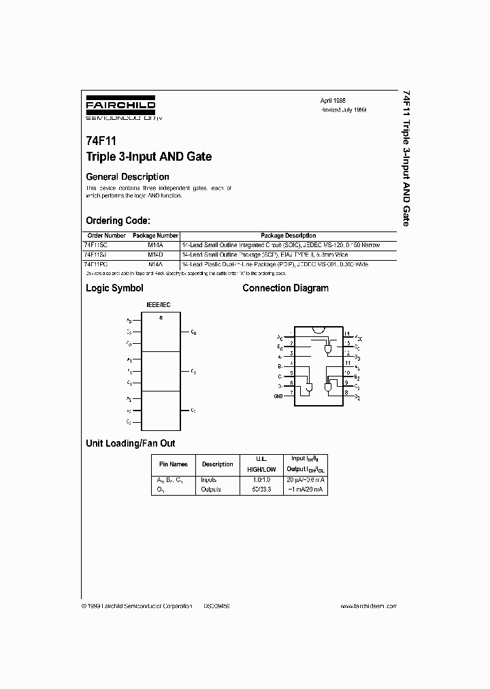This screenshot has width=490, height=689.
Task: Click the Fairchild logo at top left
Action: pyautogui.click(x=120, y=108)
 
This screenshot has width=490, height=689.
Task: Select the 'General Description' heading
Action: pyautogui.click(x=127, y=177)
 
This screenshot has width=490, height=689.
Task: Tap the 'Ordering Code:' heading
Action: pyautogui.click(x=118, y=221)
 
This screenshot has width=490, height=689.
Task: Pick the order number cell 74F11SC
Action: pyautogui.click(x=95, y=244)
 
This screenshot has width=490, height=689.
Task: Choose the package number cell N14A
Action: pyautogui.click(x=155, y=263)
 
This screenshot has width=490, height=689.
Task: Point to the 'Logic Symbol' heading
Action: pyautogui.click(x=114, y=288)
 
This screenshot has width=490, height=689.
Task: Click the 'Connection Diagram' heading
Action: pyautogui.click(x=285, y=288)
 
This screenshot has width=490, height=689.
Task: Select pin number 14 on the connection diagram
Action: pyautogui.click(x=346, y=334)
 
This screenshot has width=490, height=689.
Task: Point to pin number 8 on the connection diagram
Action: pyautogui.click(x=346, y=393)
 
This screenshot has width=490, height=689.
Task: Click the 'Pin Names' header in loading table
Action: pyautogui.click(x=173, y=464)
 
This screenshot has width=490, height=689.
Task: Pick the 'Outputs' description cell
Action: pyautogui.click(x=210, y=489)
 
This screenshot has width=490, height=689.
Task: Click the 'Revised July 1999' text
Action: pyautogui.click(x=344, y=109)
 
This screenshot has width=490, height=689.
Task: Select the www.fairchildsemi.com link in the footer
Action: pyautogui.click(x=367, y=605)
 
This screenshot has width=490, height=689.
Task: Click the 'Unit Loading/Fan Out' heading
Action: pyautogui.click(x=130, y=443)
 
